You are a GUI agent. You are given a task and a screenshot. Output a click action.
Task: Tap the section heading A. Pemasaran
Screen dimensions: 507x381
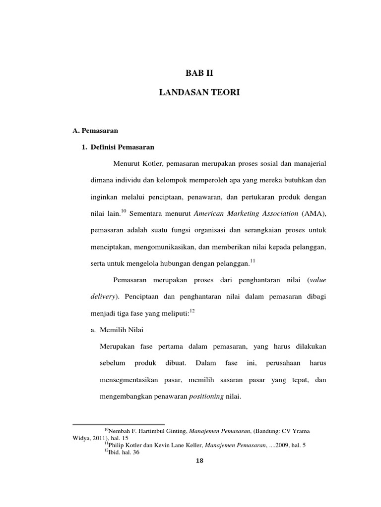pyautogui.click(x=94, y=131)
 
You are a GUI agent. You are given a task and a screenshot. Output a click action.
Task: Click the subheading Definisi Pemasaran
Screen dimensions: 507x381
pyautogui.click(x=127, y=148)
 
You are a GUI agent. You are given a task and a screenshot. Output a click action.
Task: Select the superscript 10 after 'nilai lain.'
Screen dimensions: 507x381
pyautogui.click(x=124, y=211)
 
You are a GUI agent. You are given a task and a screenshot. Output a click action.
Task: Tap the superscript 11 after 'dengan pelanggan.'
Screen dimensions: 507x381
pyautogui.click(x=252, y=261)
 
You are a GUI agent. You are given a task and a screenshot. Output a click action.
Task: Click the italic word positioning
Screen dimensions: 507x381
pyautogui.click(x=207, y=397)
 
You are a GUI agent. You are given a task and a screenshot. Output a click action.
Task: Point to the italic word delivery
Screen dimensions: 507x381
pyautogui.click(x=102, y=296)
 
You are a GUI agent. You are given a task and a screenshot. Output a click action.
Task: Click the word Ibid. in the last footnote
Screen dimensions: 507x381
pyautogui.click(x=116, y=453)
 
